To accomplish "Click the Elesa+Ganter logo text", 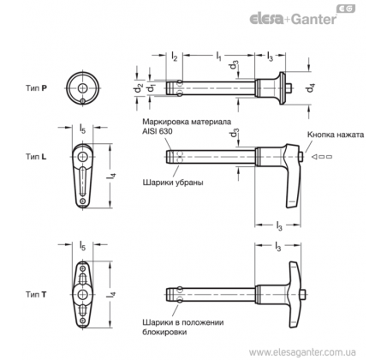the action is [x=293, y=19].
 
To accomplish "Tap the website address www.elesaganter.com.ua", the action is [x=302, y=352].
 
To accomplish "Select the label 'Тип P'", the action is [x=36, y=88].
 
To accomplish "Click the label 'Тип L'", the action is [x=36, y=157].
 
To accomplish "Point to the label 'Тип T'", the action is [x=36, y=294].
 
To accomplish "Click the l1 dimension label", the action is [x=218, y=56].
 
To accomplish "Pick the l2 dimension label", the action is [x=174, y=56].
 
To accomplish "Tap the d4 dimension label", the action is [x=310, y=87].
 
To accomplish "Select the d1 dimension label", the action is [x=150, y=88].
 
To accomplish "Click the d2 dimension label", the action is [x=138, y=88].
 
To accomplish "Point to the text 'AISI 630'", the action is [x=158, y=131].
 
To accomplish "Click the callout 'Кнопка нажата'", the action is [x=336, y=135].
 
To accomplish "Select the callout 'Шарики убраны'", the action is [x=173, y=183].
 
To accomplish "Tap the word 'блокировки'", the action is [x=164, y=332].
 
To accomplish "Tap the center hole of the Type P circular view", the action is [x=83, y=88].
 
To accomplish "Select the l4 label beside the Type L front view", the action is [x=111, y=176].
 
